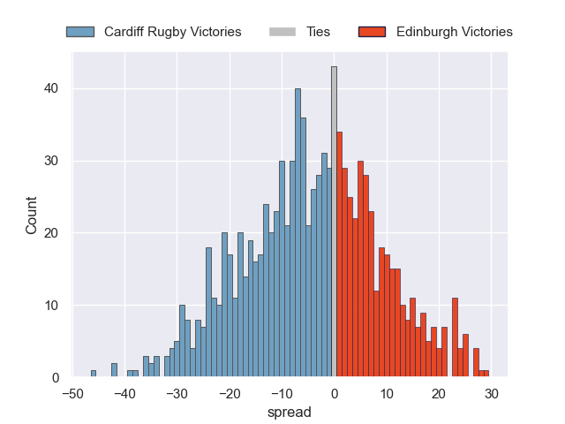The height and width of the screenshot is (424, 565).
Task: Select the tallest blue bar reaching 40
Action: (x=298, y=233)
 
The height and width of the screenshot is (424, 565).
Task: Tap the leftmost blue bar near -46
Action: (x=94, y=375)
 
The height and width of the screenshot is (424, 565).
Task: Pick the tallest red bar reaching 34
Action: (x=339, y=255)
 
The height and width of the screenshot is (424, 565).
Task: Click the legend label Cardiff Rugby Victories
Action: (x=172, y=32)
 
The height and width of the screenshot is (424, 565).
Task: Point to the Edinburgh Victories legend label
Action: (x=454, y=32)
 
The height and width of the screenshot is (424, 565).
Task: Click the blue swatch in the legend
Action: (x=79, y=32)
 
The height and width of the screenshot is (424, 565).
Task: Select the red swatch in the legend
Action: (x=372, y=32)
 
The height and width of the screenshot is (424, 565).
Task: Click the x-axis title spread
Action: (x=290, y=412)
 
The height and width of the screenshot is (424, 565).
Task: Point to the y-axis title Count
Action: (x=32, y=216)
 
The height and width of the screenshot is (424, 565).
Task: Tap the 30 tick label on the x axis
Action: (x=492, y=392)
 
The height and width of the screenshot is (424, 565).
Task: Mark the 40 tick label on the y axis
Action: (x=51, y=88)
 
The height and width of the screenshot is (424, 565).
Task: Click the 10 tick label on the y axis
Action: (x=51, y=306)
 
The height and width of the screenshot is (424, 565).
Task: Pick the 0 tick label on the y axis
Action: (x=55, y=378)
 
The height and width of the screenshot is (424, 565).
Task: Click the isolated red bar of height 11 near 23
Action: (x=455, y=338)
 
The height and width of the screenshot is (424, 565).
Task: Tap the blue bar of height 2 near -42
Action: (x=114, y=371)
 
